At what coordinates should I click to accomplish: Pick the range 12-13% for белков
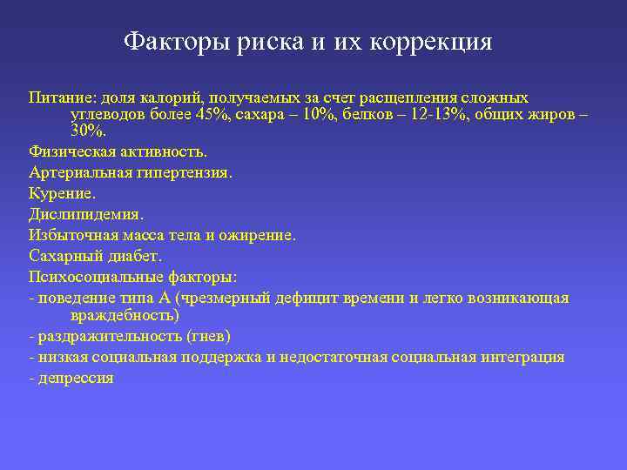point(422,115)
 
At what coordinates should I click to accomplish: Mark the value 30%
point(87,131)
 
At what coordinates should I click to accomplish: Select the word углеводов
point(108,115)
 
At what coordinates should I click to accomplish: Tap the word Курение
point(62,194)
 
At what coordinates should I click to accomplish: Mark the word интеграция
point(520,357)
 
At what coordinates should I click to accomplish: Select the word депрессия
point(75,379)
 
